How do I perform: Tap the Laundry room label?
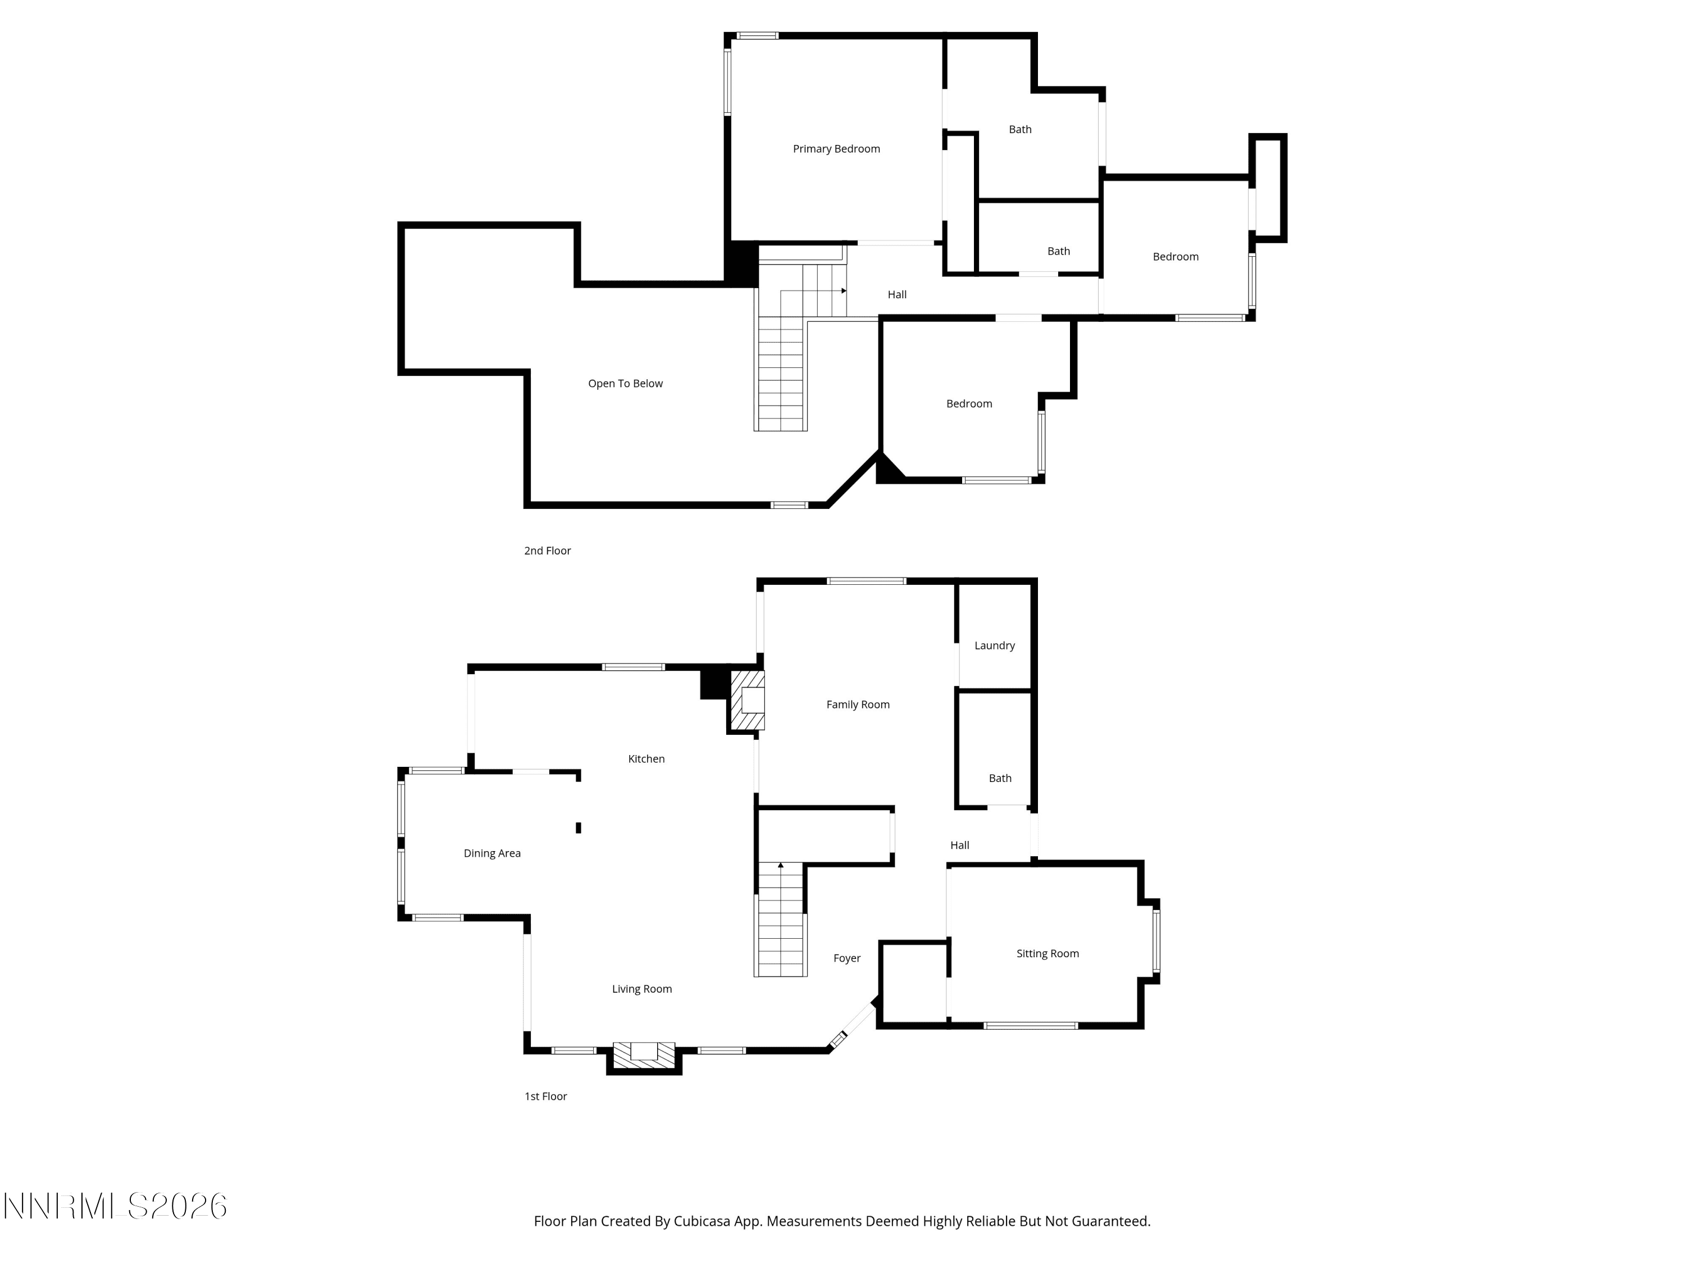pos(994,646)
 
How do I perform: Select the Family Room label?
pos(858,705)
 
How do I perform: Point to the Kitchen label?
pos(646,759)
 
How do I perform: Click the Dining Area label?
pos(492,853)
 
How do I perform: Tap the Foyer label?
pos(847,958)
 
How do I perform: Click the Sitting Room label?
pos(1048,954)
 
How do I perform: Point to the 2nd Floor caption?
pos(547,551)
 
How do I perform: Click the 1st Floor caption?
pos(545,1097)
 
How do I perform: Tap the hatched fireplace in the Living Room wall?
pos(644,1054)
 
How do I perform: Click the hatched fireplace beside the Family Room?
pos(747,700)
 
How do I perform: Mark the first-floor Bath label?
pos(1000,779)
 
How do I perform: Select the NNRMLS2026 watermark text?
pos(116,1206)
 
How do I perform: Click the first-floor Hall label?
pos(959,845)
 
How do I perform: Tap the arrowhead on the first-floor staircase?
pos(780,865)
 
